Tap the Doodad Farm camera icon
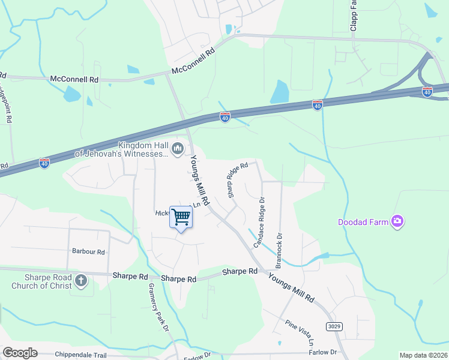[x=397, y=222]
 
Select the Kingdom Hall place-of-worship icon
[x=177, y=149]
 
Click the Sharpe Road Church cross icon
[x=81, y=280]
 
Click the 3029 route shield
[x=336, y=326]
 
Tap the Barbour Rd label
[x=88, y=252]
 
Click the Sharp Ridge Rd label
[x=237, y=180]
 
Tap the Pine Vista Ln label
[x=300, y=334]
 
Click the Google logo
[x=20, y=353]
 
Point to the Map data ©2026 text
[x=423, y=355]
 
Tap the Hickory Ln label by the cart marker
[x=161, y=213]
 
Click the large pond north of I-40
[x=279, y=92]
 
